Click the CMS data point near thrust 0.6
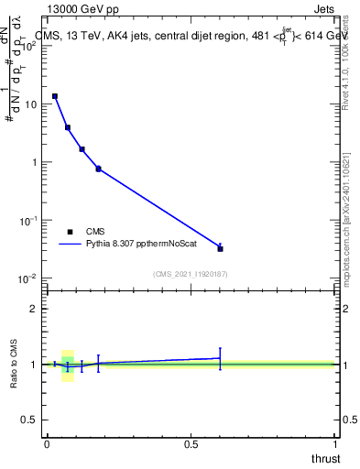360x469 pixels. (220, 248)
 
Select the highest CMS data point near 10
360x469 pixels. (55, 96)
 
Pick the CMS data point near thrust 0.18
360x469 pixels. (98, 169)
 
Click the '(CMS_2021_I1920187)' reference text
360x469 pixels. (191, 273)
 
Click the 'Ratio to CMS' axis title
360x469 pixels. (15, 364)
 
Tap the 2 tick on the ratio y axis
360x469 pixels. (34, 309)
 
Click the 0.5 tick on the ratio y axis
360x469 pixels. (29, 420)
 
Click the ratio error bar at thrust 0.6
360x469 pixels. (220, 358)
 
